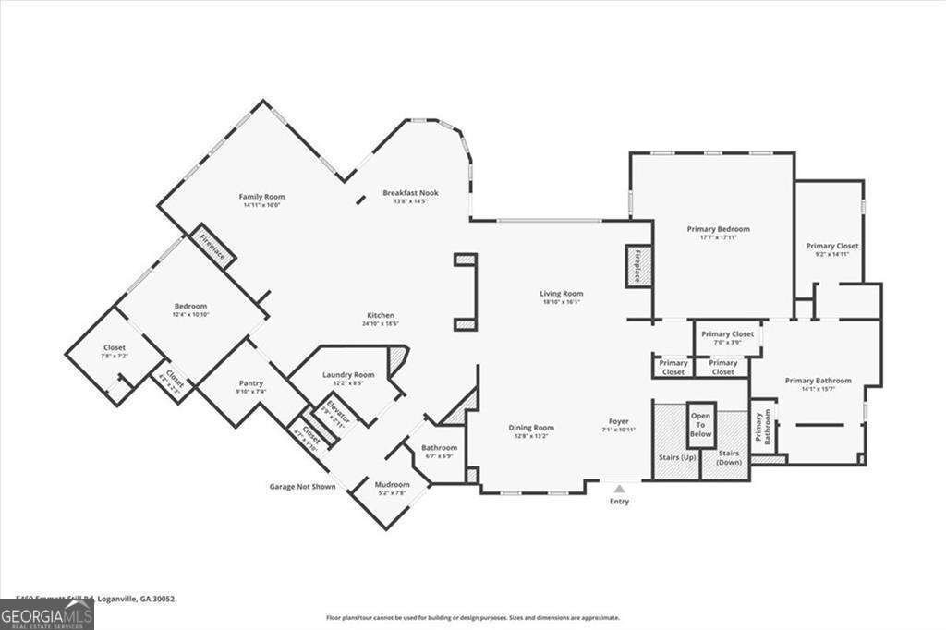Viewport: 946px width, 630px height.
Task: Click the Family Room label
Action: [x=261, y=197]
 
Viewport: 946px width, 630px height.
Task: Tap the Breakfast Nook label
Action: [x=410, y=193]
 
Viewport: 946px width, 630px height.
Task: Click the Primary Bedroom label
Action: [x=718, y=229]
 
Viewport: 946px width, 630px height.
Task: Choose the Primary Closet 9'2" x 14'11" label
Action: [x=831, y=246]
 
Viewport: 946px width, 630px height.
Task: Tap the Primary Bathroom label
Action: [x=818, y=381]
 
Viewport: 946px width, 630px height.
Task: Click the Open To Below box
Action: [x=701, y=425]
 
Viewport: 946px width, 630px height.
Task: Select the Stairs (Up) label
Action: [x=675, y=457]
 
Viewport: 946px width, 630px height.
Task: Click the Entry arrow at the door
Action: [x=619, y=487]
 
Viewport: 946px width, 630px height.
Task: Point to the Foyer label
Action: [x=618, y=421]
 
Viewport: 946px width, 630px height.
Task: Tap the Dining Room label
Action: [x=531, y=428]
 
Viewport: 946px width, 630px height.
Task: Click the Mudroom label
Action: [x=392, y=484]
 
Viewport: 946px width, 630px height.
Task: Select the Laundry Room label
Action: [x=348, y=374]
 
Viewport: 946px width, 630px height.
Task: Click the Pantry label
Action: [x=251, y=383]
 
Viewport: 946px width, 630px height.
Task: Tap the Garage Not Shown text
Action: [x=302, y=486]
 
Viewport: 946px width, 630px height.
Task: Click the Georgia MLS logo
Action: [x=46, y=614]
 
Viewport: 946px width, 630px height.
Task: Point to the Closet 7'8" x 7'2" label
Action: [x=115, y=347]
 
